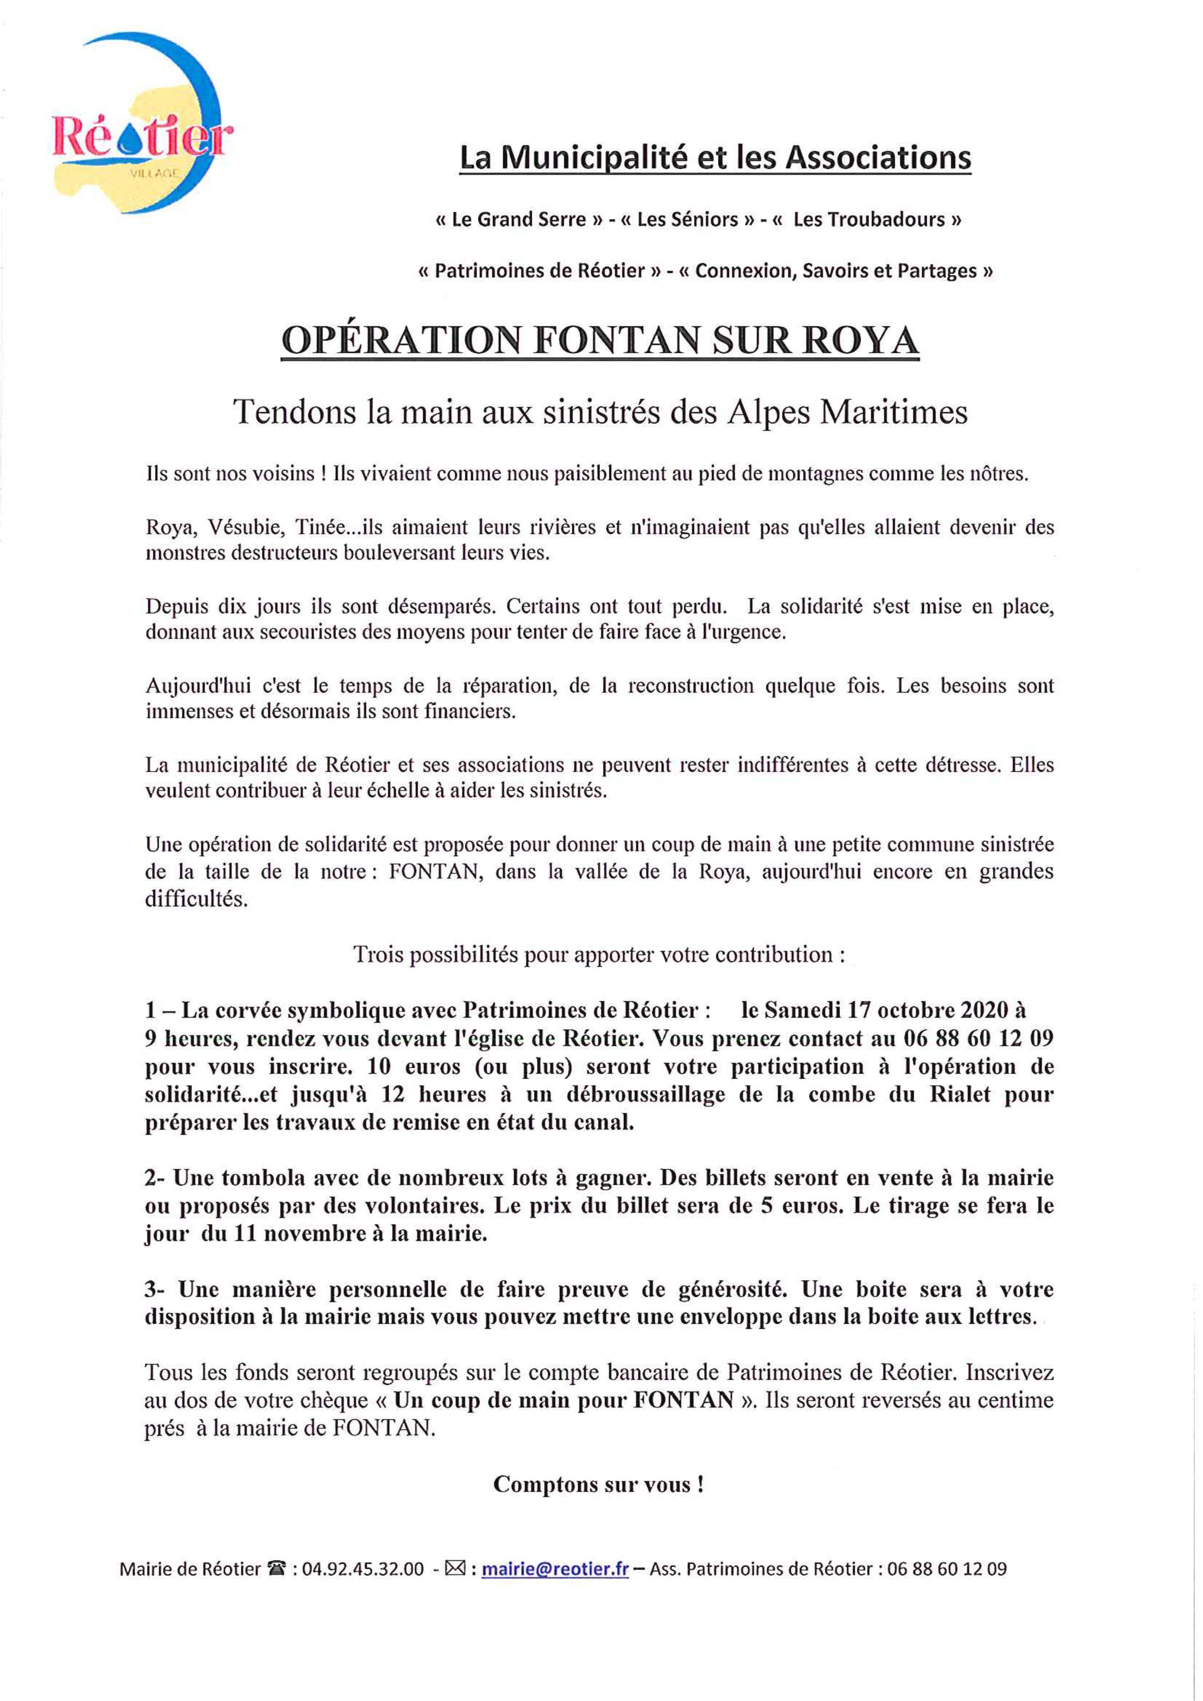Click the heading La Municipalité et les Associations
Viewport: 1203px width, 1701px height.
[x=715, y=158]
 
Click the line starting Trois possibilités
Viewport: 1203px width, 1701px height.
[x=599, y=954]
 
